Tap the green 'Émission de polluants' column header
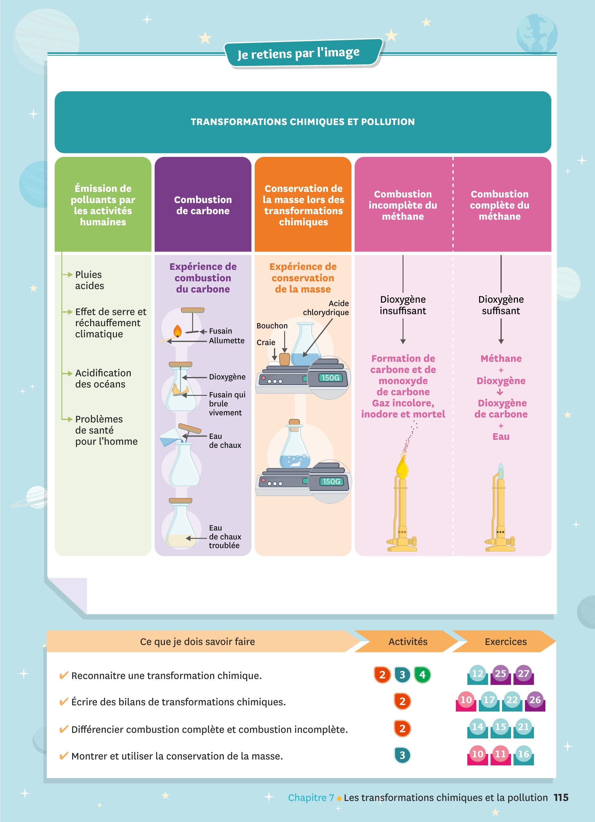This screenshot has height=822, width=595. (103, 205)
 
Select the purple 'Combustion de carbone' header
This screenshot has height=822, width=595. (203, 205)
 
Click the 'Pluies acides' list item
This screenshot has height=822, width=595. (89, 280)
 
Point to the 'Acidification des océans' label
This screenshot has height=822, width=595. (103, 379)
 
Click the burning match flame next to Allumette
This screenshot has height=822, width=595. (177, 331)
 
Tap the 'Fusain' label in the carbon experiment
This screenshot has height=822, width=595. (220, 331)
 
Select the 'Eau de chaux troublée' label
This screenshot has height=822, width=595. (225, 536)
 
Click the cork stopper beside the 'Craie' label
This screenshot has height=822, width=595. (284, 359)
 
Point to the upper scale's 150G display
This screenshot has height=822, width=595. (330, 378)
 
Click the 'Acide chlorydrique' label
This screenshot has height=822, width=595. (326, 308)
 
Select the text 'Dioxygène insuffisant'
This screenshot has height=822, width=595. (403, 305)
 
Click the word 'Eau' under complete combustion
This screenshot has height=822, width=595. (501, 436)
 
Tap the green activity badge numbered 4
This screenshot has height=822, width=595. (422, 675)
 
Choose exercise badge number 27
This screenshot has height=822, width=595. (523, 674)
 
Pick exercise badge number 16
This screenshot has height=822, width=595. (523, 754)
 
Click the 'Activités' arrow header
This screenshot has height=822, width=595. (408, 642)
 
